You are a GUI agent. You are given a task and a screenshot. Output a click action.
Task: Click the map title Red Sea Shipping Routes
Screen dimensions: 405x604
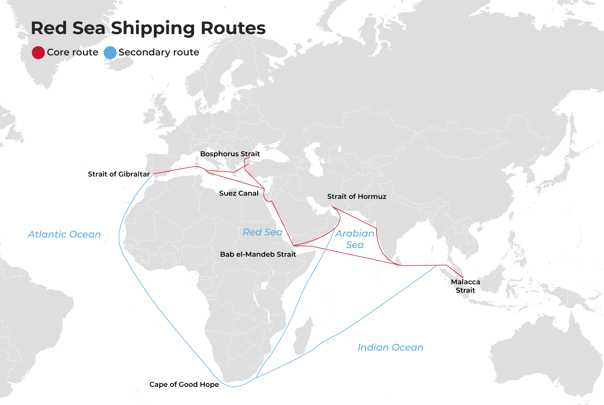pyautogui.click(x=148, y=28)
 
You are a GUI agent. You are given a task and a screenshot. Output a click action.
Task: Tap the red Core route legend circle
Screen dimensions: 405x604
pyautogui.click(x=38, y=53)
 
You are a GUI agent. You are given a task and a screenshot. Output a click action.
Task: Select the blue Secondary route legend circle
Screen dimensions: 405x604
pyautogui.click(x=110, y=53)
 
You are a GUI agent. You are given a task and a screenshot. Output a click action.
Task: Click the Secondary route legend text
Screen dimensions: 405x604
pyautogui.click(x=159, y=52)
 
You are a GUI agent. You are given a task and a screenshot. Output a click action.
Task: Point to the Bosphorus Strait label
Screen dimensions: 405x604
pyautogui.click(x=230, y=154)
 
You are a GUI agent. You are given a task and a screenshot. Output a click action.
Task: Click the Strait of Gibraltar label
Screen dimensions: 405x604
pyautogui.click(x=119, y=174)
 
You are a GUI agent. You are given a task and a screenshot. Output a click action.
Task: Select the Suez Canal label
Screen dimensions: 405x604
pyautogui.click(x=239, y=193)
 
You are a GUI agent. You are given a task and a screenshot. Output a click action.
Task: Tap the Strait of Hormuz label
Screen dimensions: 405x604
pyautogui.click(x=357, y=196)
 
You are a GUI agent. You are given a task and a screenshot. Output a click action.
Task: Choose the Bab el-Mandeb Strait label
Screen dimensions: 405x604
pyautogui.click(x=258, y=254)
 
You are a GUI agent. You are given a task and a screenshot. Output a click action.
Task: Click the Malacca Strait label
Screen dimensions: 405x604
pyautogui.click(x=465, y=286)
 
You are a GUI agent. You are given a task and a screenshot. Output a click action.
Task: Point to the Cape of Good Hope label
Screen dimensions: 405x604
pyautogui.click(x=184, y=384)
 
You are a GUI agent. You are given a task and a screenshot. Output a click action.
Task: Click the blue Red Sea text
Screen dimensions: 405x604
pyautogui.click(x=262, y=232)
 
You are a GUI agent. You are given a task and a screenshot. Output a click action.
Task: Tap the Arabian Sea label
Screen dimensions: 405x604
pyautogui.click(x=355, y=239)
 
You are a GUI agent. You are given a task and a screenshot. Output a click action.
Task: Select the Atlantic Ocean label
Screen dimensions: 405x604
pyautogui.click(x=64, y=234)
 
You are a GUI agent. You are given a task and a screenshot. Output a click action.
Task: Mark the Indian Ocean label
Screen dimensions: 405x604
pyautogui.click(x=390, y=347)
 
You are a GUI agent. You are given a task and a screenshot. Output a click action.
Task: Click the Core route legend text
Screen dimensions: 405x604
pyautogui.click(x=72, y=52)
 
